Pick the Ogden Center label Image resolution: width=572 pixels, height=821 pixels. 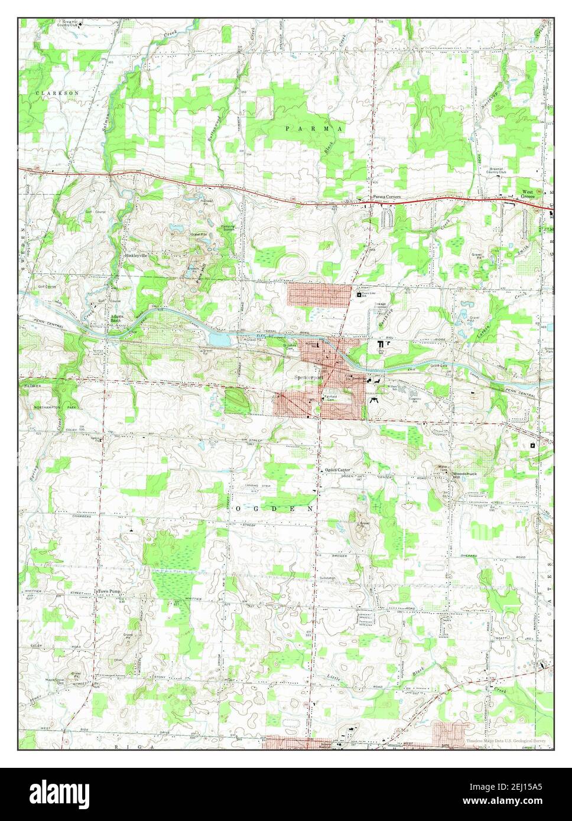[337, 470]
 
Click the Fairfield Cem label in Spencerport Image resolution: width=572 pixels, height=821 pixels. [329, 398]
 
